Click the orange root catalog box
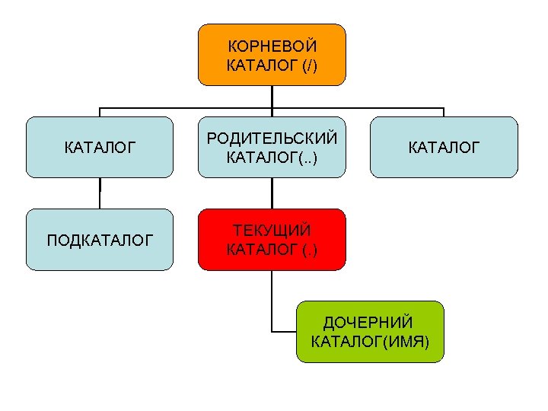(272, 54)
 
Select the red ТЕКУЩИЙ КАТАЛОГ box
(272, 239)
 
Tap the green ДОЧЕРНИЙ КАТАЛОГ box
(370, 331)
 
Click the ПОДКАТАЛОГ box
(100, 239)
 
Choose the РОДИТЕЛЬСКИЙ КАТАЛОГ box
(272, 147)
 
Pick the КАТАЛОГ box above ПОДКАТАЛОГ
(100, 147)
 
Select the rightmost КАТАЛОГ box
(444, 147)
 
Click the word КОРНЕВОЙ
(272, 46)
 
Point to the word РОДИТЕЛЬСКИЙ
(272, 138)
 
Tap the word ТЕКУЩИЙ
(272, 230)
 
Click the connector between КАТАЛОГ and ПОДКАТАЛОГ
(100, 193)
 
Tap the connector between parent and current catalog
(272, 193)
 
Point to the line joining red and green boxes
(272, 304)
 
